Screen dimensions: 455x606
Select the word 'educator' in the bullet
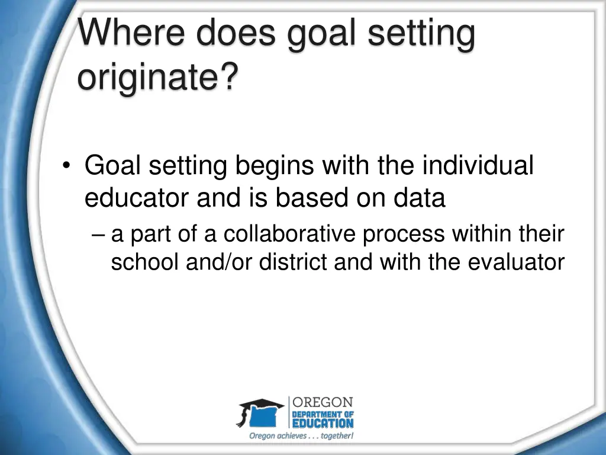point(137,198)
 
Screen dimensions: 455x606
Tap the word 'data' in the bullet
point(420,198)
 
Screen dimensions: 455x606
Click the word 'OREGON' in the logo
point(323,402)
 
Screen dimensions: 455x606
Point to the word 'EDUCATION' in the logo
point(323,423)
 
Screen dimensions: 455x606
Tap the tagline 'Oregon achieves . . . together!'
point(301,436)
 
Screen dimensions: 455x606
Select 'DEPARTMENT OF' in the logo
point(323,414)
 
